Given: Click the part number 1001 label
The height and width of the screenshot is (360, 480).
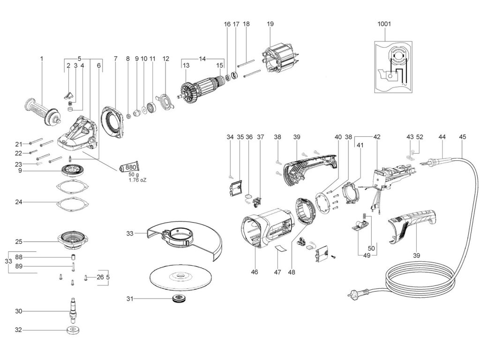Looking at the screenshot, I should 384,23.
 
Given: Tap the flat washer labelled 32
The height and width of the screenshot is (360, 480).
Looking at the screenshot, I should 72,330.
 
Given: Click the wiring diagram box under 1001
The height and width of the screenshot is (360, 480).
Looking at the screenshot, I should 393,65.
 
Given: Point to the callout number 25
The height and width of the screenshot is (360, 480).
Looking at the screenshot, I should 19,242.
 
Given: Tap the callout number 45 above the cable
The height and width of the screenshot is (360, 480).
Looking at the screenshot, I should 463,137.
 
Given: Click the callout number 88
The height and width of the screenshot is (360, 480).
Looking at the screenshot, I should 19,257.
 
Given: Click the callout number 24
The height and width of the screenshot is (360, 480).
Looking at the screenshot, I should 19,202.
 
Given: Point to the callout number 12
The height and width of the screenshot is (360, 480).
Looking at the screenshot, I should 165,59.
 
